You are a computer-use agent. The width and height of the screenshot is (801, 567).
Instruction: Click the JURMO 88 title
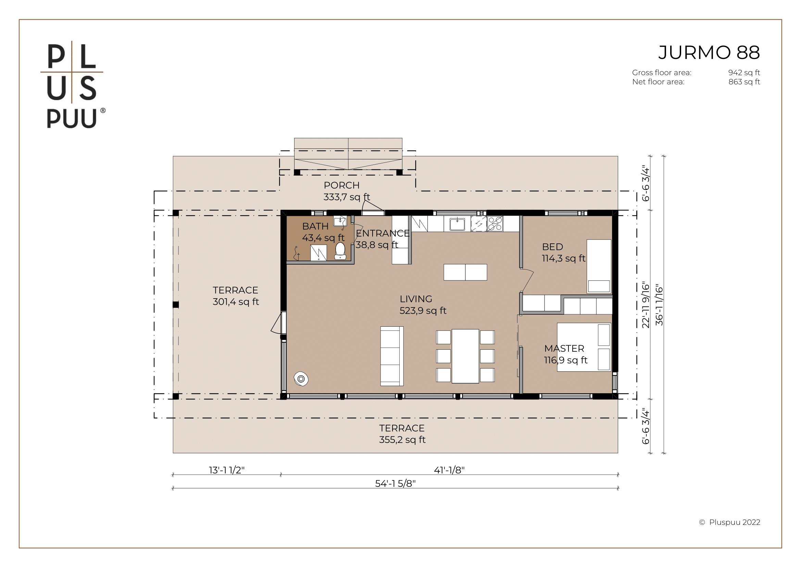[709, 53]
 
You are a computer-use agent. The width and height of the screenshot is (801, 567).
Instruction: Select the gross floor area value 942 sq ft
[744, 73]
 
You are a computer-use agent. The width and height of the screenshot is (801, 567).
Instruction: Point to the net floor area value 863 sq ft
[744, 82]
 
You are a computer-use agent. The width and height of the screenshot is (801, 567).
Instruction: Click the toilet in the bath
[340, 251]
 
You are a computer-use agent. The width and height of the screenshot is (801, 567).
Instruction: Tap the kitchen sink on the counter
[457, 224]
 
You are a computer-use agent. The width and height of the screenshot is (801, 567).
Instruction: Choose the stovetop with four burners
[495, 224]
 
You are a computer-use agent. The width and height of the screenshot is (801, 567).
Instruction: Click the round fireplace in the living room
[301, 379]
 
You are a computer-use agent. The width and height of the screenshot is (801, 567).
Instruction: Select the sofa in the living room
[392, 356]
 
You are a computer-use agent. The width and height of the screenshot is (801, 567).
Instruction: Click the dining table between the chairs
[465, 356]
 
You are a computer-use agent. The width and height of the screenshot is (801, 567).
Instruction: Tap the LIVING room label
[416, 299]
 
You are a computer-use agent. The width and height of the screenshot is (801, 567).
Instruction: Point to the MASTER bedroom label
[564, 348]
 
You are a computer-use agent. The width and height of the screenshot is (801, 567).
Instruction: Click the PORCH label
[341, 185]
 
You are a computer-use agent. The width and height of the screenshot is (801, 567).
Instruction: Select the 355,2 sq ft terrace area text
[402, 439]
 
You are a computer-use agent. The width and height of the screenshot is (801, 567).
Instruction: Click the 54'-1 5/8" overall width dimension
[395, 484]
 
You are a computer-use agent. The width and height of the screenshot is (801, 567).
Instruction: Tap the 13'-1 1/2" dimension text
[227, 470]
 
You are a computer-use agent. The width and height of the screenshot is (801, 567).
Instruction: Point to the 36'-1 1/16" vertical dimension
[659, 306]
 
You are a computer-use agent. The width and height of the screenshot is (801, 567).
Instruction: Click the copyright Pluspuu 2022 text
[730, 522]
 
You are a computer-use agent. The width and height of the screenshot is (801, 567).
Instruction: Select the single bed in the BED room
[599, 266]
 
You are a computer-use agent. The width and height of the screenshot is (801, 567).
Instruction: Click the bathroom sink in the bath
[340, 221]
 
